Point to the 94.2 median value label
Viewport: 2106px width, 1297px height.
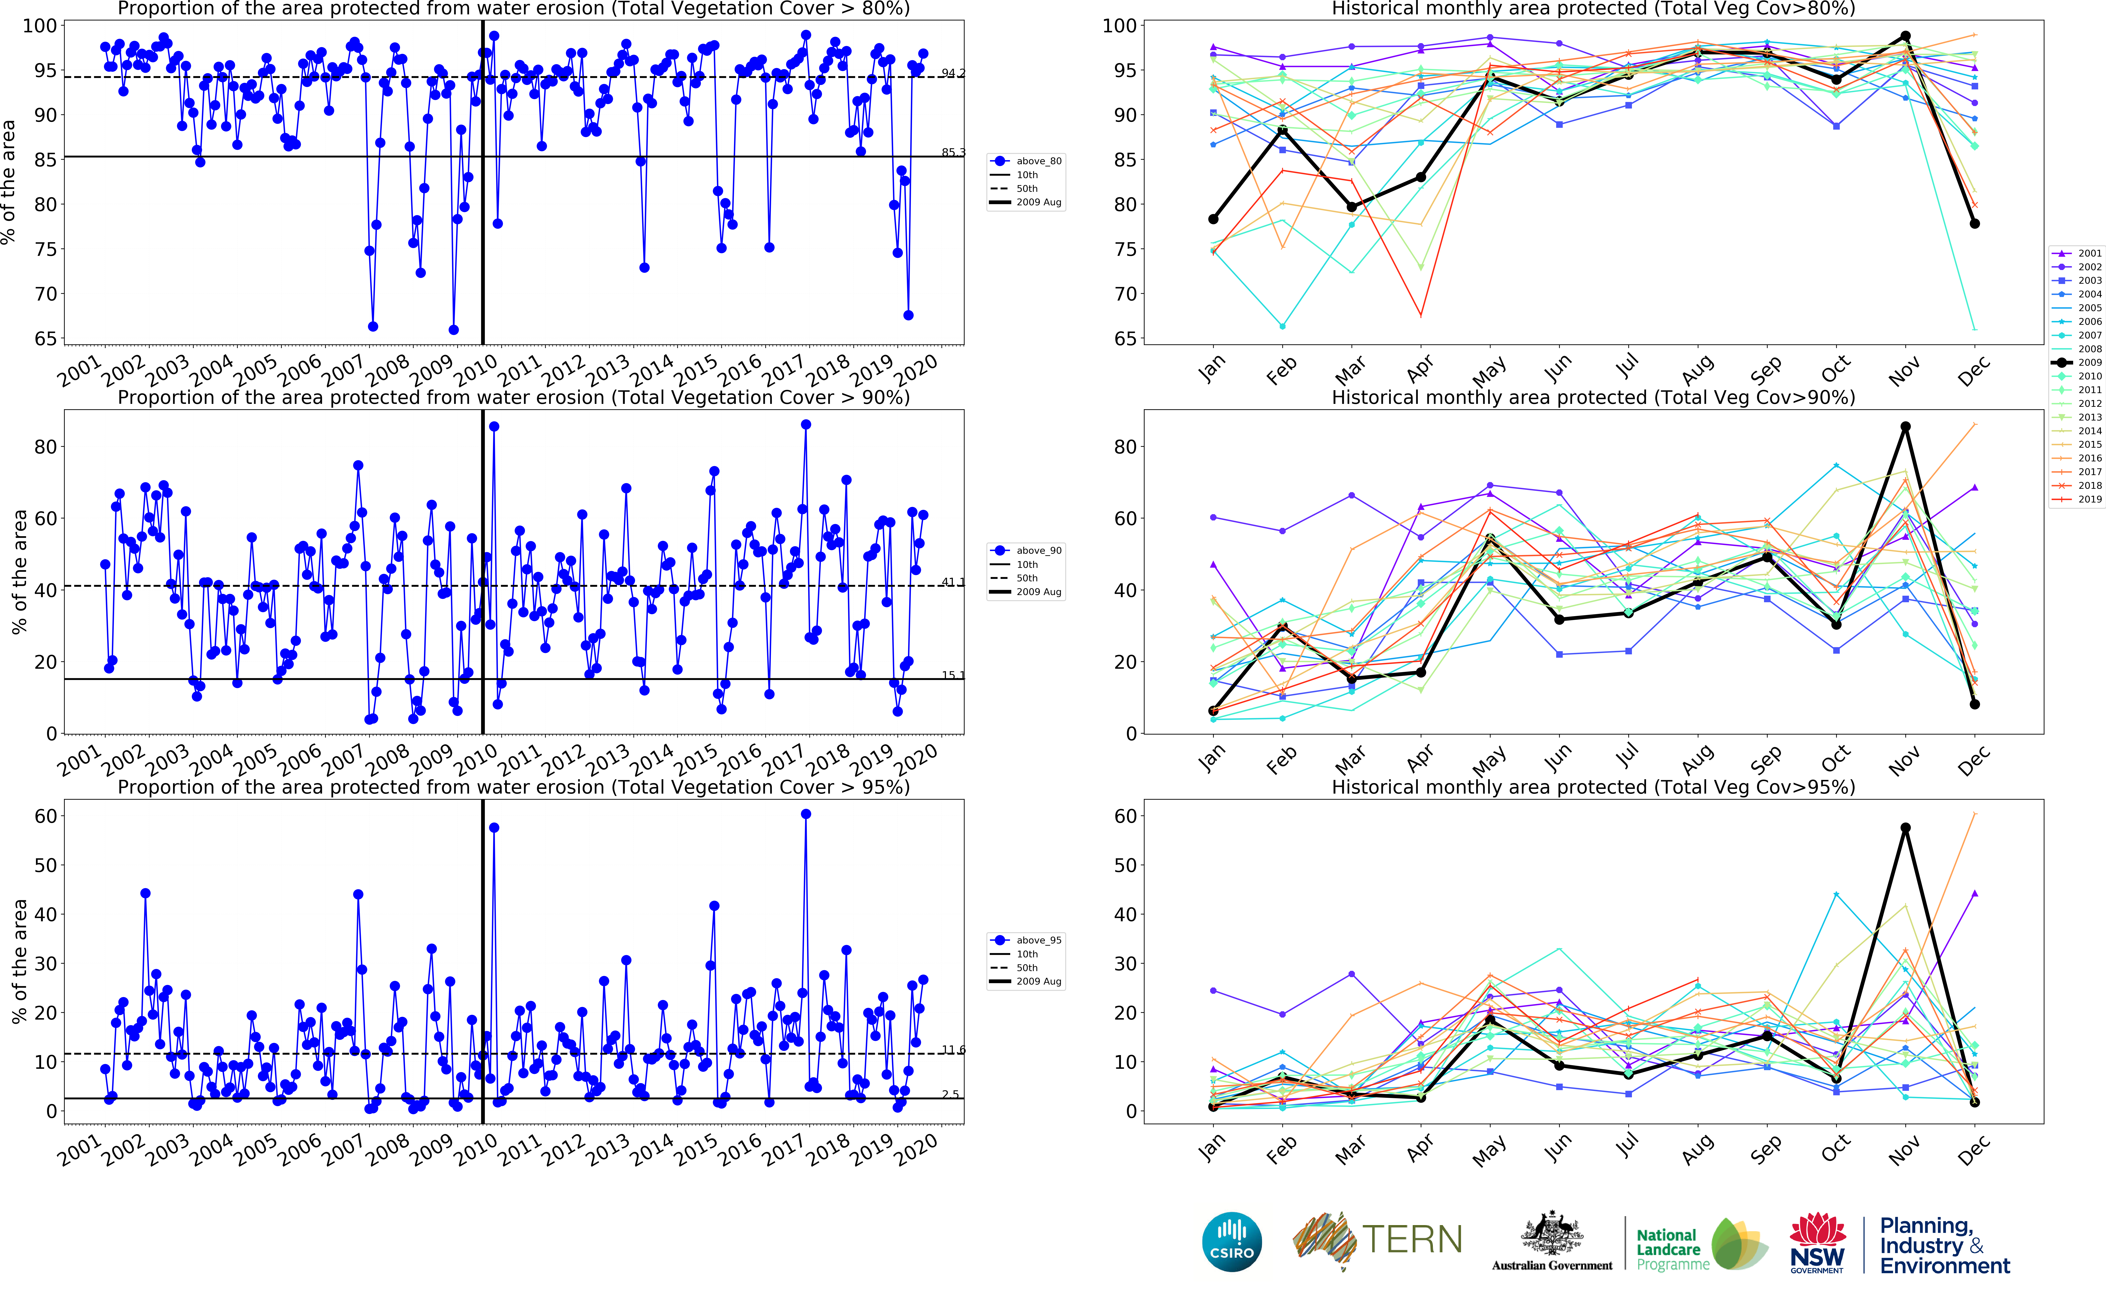(x=952, y=73)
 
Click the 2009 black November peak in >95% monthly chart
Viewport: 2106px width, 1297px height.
(x=1905, y=828)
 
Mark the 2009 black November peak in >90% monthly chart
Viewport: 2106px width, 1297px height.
(x=1905, y=426)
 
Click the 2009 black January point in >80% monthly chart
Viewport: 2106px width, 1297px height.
(x=1213, y=220)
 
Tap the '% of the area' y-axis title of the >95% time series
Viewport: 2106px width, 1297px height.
(x=19, y=961)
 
